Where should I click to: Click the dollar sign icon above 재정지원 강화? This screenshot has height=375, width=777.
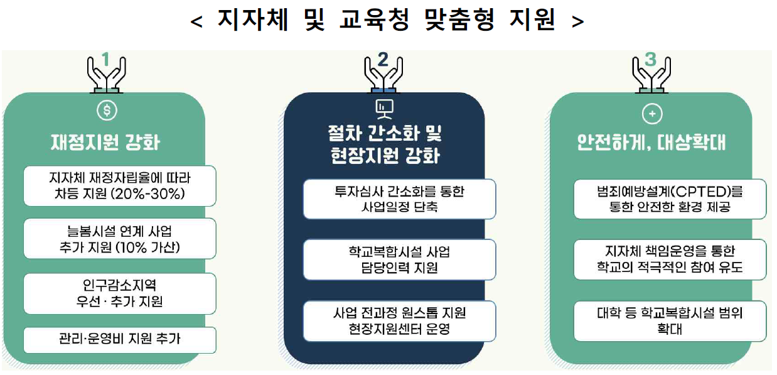coord(107,111)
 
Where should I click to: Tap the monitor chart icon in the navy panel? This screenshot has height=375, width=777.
coord(383,109)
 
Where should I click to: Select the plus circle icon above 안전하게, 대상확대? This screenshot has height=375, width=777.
coord(653,114)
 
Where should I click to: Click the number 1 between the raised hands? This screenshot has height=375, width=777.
coord(105,60)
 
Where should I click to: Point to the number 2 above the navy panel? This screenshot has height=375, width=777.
coord(383,60)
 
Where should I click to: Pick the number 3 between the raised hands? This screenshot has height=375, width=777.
coord(650,60)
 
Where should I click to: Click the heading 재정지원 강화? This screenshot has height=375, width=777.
coord(105,142)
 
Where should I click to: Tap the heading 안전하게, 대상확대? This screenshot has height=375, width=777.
coord(651,143)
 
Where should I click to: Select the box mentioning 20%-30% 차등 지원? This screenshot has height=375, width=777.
coord(119,185)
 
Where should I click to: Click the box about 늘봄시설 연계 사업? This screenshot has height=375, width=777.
coord(119,238)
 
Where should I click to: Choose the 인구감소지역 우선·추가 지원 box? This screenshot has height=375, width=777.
coord(119,293)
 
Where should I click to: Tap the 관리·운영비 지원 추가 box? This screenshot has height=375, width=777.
coord(119,339)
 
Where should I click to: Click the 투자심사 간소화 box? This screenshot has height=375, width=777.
coord(399,199)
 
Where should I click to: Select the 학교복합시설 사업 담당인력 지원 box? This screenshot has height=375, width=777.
coord(399,259)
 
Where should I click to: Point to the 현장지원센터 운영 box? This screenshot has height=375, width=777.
coord(399,320)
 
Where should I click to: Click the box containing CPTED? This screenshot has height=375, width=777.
coord(670,198)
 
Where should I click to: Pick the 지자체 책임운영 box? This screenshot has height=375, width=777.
coord(670,259)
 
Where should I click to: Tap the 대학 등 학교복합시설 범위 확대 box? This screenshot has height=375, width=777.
coord(670,320)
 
